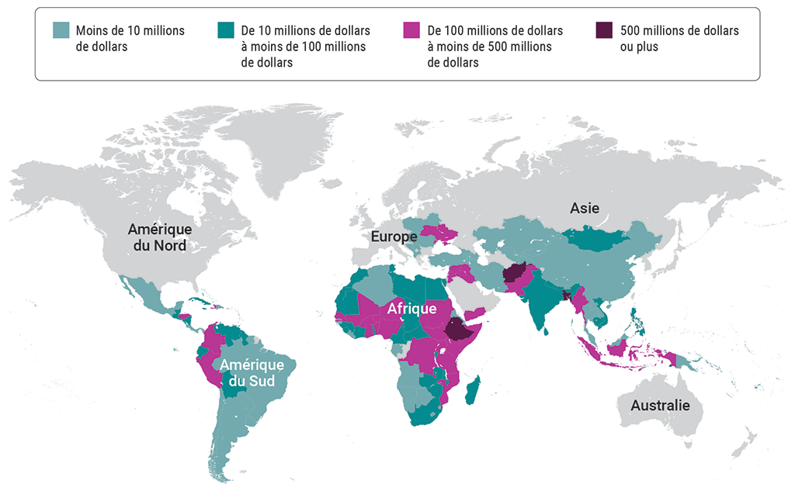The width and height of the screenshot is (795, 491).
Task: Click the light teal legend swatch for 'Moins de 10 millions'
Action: (61, 31)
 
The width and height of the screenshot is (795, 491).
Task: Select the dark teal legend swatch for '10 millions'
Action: (227, 31)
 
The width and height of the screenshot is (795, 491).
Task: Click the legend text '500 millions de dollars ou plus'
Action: (679, 39)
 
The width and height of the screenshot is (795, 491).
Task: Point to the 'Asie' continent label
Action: (585, 208)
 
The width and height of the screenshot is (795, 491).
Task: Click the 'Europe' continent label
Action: (393, 236)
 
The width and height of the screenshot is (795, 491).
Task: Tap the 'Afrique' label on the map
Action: (411, 309)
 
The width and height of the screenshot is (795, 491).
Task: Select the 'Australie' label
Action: (660, 406)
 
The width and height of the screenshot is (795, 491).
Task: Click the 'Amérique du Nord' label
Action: (159, 237)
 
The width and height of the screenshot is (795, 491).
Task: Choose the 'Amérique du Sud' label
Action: (252, 372)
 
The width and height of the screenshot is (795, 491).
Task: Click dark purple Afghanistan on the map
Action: (515, 275)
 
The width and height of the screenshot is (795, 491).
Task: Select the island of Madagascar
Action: (473, 389)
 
